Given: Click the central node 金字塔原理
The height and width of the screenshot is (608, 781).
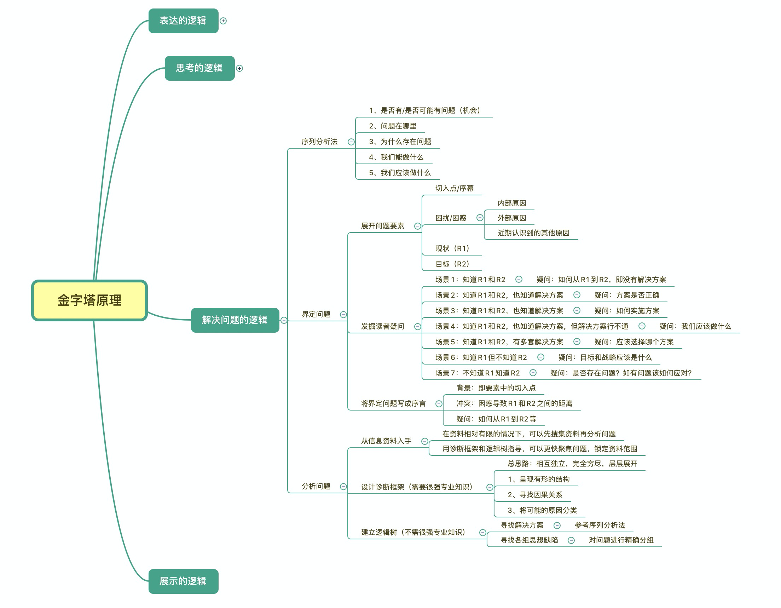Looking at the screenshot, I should [89, 300].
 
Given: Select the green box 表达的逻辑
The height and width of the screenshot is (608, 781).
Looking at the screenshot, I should [183, 21].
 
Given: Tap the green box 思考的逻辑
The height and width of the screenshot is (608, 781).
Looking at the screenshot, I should [199, 68].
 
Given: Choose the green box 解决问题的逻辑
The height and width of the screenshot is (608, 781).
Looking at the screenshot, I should [235, 320].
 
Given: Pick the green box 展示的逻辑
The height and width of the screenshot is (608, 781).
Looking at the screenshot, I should [183, 581].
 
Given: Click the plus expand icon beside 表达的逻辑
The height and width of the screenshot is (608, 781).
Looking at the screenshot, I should [223, 21].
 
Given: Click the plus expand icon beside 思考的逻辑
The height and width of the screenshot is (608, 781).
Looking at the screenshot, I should [239, 68].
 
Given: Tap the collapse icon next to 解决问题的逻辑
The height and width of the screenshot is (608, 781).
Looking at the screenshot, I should [284, 320].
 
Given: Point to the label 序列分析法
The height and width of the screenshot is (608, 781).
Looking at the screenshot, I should [319, 142].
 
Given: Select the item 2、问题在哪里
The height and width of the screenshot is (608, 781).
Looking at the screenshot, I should [393, 126].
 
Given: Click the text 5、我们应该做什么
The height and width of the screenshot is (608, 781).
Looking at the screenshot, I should [400, 173].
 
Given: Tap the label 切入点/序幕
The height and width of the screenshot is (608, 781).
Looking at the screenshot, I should [454, 188].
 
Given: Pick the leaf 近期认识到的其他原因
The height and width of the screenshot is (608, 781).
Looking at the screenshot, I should [533, 233].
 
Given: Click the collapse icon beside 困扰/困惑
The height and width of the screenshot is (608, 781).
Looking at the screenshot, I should [480, 218].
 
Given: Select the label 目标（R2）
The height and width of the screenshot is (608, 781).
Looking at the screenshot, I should [452, 264].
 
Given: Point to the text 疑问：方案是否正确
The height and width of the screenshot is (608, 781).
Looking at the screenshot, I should [626, 295].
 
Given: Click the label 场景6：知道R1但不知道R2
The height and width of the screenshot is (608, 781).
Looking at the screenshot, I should [481, 357].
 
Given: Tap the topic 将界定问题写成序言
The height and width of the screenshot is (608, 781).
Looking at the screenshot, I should [393, 404].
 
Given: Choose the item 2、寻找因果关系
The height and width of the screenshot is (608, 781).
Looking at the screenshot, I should [535, 495].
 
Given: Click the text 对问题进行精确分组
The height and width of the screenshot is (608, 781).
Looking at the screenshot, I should [621, 540].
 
